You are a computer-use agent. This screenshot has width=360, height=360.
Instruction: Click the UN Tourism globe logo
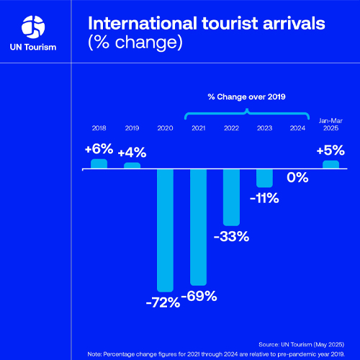[33, 27]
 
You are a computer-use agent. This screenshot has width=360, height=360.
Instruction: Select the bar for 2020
[165, 228]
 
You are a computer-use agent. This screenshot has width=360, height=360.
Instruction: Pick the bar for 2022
[231, 197]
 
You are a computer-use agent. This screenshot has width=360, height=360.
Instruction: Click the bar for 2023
[264, 179]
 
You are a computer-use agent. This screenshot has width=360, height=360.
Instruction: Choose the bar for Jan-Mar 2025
[330, 165]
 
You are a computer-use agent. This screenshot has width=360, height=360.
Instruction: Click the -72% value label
[162, 302]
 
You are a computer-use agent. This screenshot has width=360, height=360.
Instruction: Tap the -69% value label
[198, 297]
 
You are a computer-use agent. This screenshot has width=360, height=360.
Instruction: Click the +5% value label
[330, 150]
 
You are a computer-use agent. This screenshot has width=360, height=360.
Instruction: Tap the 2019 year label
[132, 127]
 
